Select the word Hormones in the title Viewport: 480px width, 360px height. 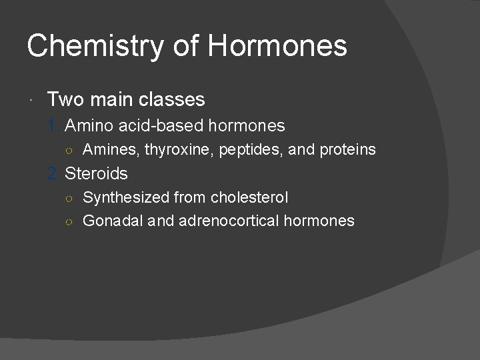click(277, 47)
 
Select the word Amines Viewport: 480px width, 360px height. click(111, 150)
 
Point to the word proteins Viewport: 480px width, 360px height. click(347, 150)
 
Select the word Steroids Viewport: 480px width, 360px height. click(96, 174)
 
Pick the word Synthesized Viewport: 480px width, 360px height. click(125, 198)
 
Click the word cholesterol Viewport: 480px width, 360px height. click(249, 198)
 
